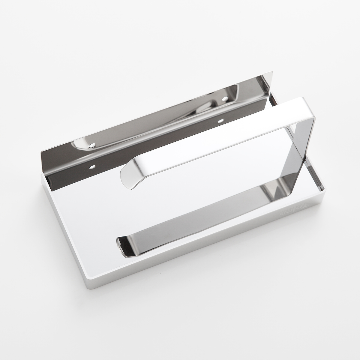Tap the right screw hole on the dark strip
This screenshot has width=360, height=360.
pos(221,121)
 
